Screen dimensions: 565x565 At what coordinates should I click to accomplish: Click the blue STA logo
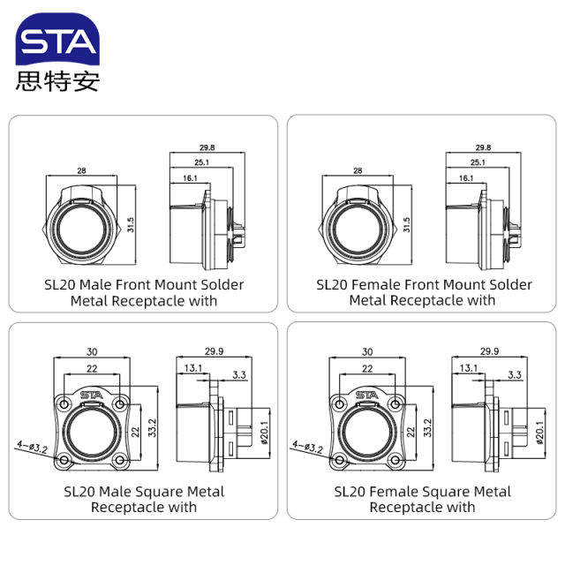[58, 41]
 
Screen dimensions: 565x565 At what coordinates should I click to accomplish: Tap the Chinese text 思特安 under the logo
[58, 81]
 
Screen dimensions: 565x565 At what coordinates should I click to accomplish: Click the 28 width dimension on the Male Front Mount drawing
[80, 170]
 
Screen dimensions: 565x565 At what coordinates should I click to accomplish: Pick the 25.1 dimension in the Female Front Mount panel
[478, 162]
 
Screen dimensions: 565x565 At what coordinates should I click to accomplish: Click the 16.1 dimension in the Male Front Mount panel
[191, 177]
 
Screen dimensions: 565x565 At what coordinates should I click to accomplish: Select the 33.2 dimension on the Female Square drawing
[427, 429]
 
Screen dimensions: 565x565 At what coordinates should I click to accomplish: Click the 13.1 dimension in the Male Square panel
[192, 367]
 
